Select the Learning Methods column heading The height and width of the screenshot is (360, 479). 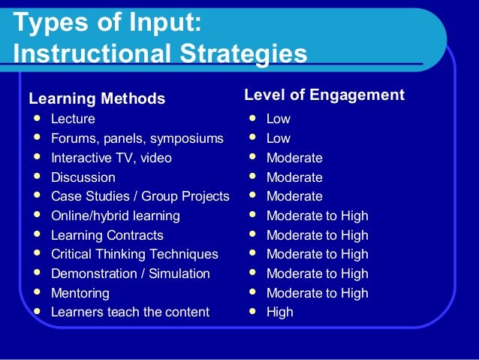tap(97, 98)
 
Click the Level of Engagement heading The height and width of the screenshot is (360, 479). tap(324, 95)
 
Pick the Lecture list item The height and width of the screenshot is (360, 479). tap(73, 119)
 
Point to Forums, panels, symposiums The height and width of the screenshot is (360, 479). tap(137, 138)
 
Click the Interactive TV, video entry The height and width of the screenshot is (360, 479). tap(111, 158)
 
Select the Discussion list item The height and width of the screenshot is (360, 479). tap(83, 177)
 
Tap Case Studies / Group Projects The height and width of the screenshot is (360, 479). tap(140, 196)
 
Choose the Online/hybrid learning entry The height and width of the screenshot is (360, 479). tap(115, 216)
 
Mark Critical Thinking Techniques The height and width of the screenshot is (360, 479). tap(134, 254)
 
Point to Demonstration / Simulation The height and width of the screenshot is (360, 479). tap(130, 274)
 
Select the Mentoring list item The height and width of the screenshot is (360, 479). tap(80, 293)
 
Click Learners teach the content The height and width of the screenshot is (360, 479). tap(130, 311)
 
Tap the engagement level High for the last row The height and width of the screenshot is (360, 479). tap(279, 311)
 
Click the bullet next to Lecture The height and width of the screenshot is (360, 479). tap(35, 118)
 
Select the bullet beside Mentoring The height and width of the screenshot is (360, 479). tap(35, 292)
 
